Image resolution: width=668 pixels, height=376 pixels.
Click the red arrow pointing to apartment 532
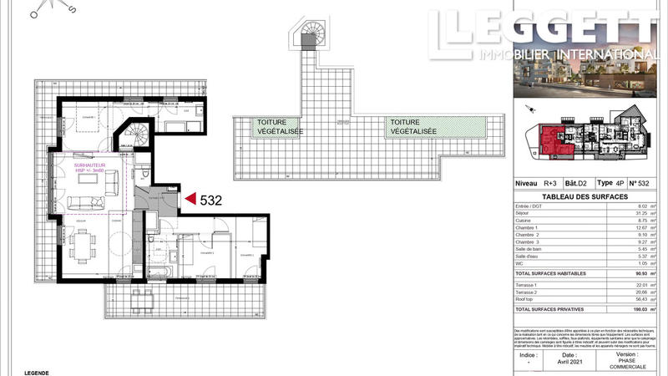click(190, 199)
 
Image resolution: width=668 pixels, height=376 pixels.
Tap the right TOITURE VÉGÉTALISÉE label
click(412, 127)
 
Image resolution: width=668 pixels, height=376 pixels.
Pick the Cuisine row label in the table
click(524, 220)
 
